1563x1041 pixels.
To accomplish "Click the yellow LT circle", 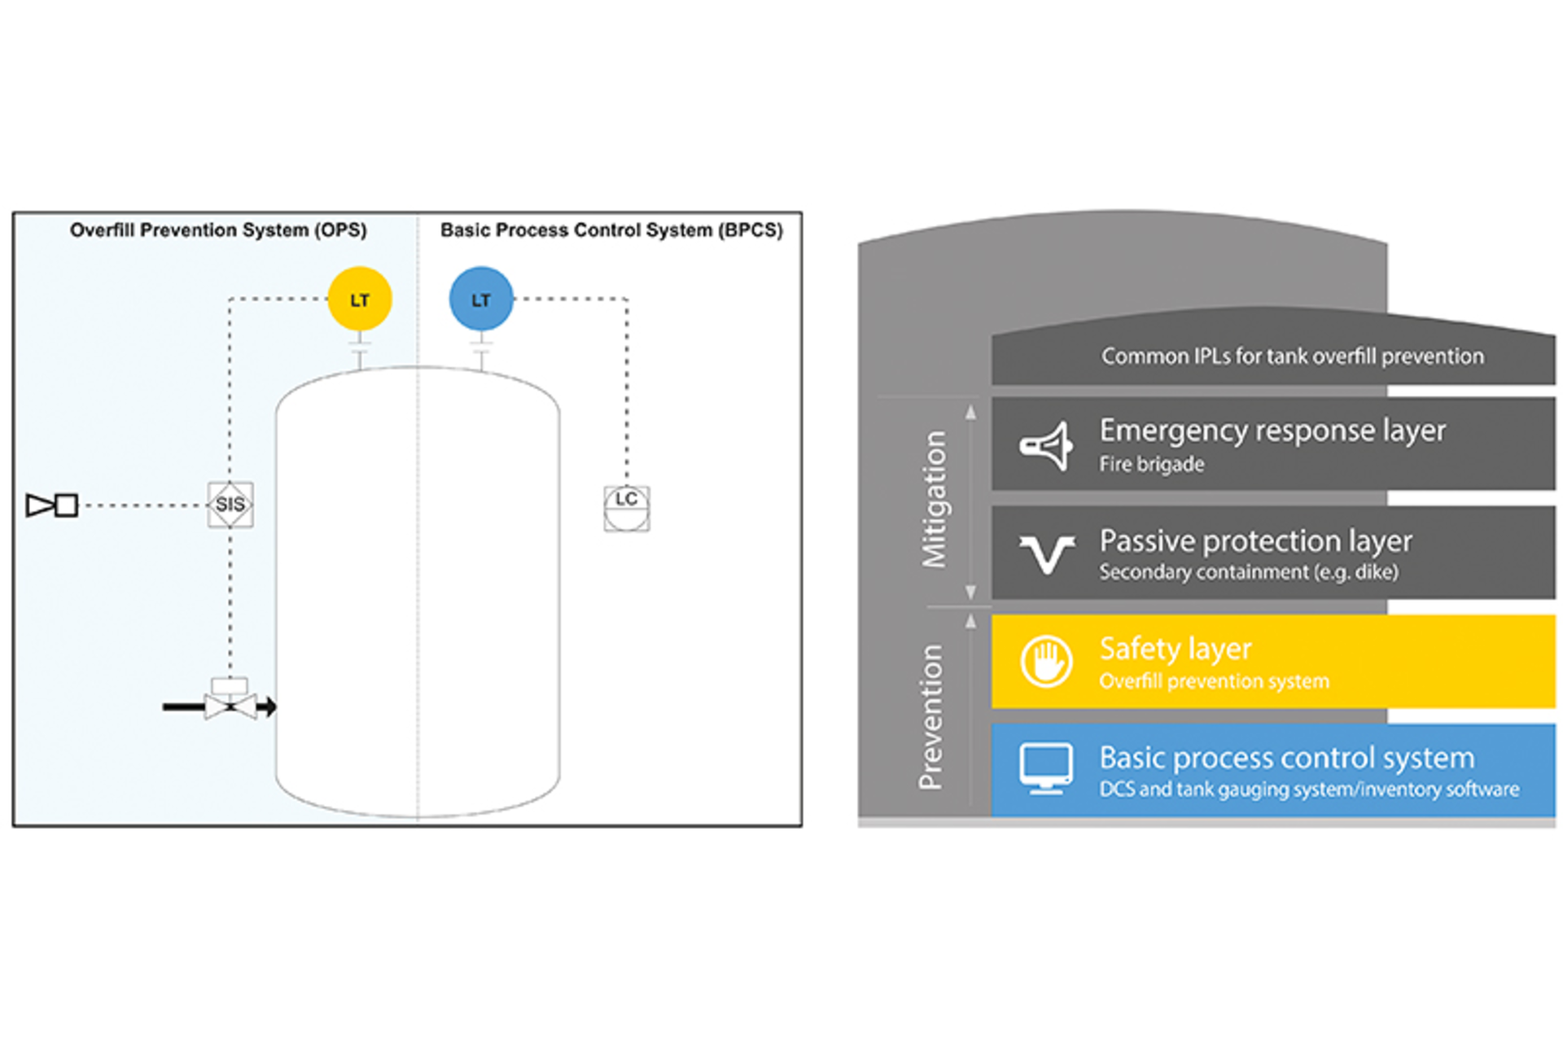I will [359, 299].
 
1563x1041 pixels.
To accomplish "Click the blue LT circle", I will [480, 299].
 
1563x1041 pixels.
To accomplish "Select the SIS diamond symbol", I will [230, 505].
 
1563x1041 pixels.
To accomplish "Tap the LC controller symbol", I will [626, 508].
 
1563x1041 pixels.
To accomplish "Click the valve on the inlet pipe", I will [230, 704].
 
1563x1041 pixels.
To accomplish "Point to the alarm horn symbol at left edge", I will [51, 505].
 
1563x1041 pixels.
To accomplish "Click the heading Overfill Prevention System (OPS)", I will [217, 230].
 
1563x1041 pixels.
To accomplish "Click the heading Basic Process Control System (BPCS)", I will [611, 230].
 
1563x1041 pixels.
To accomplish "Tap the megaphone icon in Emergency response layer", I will [1046, 445].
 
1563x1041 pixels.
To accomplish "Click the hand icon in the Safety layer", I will [1046, 661].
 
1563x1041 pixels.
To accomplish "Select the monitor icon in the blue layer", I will [1046, 768].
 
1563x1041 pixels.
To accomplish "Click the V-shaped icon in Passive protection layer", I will [1046, 554].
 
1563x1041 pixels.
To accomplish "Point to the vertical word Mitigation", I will [935, 499].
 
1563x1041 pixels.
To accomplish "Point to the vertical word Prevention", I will [930, 716].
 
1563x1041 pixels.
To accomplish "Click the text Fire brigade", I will [1151, 465].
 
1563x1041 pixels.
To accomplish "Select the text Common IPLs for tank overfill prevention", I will [1292, 356].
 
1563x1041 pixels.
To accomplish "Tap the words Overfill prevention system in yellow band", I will [1214, 681].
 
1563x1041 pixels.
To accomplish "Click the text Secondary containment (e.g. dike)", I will [1248, 572].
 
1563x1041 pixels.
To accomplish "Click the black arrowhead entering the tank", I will [268, 706].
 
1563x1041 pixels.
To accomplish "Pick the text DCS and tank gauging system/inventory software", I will [1308, 789].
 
